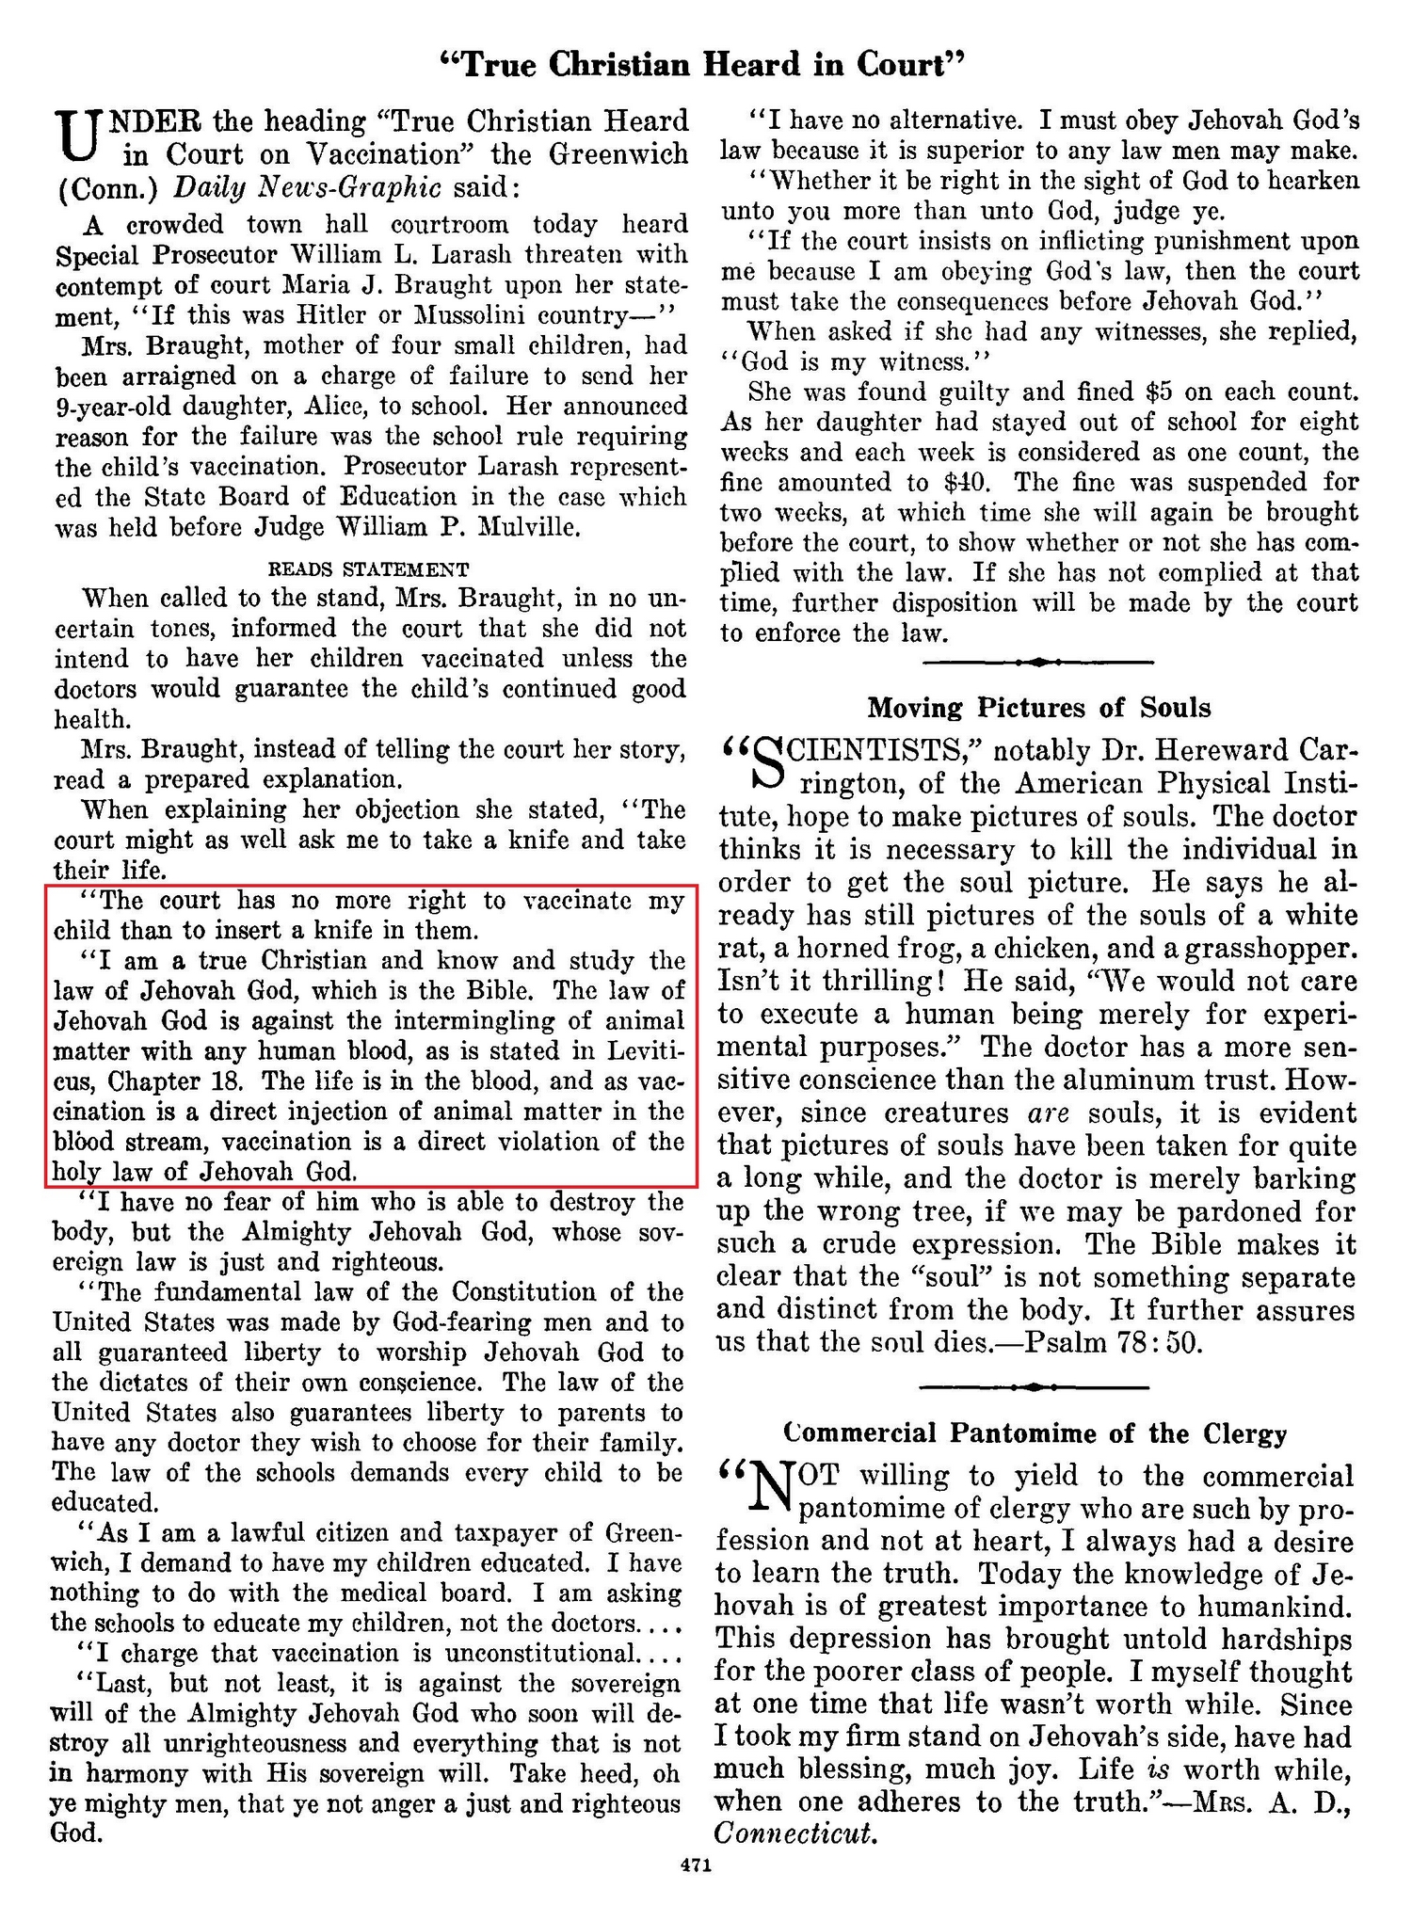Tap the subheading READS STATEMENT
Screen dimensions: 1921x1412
click(368, 568)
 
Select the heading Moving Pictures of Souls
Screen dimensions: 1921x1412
click(1038, 707)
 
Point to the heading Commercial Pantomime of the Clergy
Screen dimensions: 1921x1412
click(1035, 1433)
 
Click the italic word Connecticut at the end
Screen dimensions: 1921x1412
click(795, 1833)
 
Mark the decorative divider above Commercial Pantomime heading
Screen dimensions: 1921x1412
click(1034, 1386)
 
